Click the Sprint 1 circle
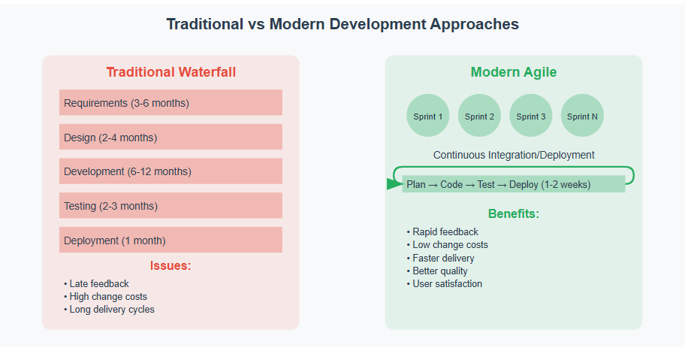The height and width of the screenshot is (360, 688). (428, 116)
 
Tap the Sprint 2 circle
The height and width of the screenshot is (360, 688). (479, 116)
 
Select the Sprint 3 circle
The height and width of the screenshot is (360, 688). (530, 116)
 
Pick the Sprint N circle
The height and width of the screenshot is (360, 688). (582, 116)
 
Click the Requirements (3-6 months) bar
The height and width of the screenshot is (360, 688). (170, 103)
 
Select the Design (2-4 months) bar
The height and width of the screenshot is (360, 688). (170, 137)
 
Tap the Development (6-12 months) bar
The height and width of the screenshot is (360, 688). (170, 171)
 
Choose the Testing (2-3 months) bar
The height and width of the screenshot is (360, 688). (170, 205)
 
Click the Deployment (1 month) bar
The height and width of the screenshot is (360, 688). (170, 240)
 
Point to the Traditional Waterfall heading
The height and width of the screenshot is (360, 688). (171, 72)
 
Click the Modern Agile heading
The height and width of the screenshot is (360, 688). (514, 72)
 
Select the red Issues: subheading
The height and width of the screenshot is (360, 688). (170, 265)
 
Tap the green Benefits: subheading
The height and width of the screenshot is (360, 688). (514, 213)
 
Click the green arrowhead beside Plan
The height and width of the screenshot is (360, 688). (394, 184)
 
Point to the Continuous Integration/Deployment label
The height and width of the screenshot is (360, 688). (514, 155)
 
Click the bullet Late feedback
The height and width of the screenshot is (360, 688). (97, 283)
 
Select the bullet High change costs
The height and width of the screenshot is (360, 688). (106, 297)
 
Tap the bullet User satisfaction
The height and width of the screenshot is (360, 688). (445, 284)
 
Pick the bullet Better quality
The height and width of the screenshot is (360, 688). (437, 271)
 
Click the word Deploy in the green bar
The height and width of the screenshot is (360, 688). (524, 185)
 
